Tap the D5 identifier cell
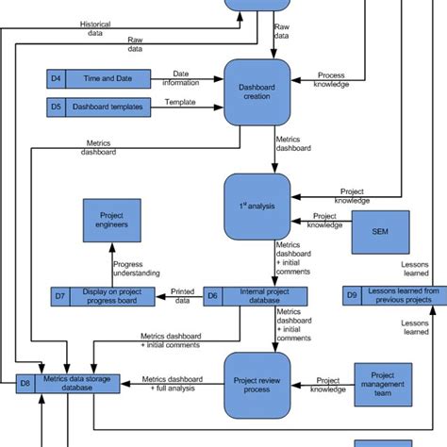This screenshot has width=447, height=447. click(56, 107)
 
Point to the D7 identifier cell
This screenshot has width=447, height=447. click(59, 297)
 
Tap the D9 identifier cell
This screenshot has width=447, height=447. click(351, 296)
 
